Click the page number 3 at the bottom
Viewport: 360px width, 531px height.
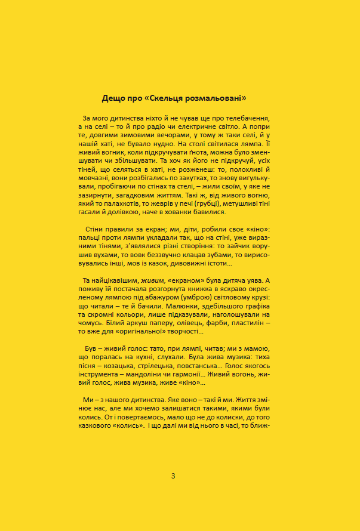[173, 476]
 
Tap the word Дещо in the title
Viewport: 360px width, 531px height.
[113, 97]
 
